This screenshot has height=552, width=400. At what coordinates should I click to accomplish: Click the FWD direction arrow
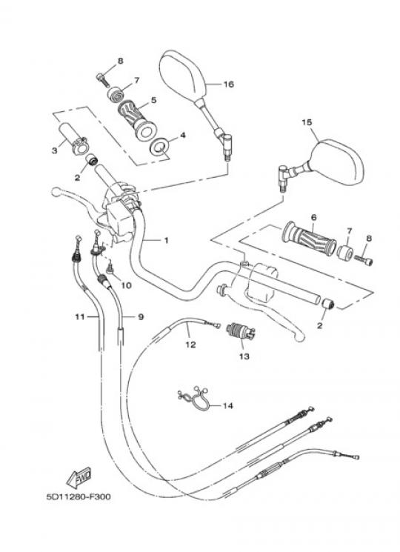pos(79,477)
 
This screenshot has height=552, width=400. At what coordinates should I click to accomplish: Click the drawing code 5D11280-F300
pos(79,496)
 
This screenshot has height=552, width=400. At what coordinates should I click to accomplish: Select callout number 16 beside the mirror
pos(229,84)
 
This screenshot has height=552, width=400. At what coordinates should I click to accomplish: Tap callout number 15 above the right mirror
pos(307,122)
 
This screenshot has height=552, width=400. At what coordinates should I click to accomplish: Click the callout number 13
pos(244,356)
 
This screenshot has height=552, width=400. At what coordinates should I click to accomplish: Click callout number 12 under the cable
pos(190,345)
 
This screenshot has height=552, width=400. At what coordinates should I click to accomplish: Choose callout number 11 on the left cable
pos(80,317)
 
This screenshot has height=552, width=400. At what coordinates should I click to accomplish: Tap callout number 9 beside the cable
pos(141,317)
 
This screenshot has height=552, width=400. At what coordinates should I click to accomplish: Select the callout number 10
pos(126,285)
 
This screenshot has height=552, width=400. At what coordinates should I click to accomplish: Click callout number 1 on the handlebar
pos(167,241)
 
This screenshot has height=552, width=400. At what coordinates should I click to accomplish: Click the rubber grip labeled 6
pos(309,238)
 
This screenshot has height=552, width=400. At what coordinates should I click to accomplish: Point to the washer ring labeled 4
pos(160,147)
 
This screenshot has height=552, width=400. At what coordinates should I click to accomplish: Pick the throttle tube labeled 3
pos(75,139)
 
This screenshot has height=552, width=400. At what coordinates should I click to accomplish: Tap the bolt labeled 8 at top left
pos(102,79)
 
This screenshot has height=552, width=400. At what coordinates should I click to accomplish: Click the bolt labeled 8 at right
pos(364,260)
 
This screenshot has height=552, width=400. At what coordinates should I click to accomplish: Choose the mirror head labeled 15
pos(337,162)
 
